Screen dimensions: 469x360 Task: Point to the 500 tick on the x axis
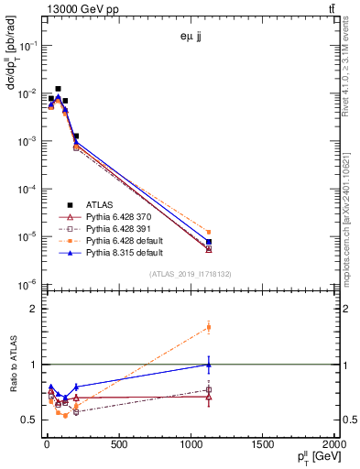point(118,444)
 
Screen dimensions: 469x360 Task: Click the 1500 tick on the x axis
point(261,444)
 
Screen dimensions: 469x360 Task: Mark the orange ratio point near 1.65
point(209,327)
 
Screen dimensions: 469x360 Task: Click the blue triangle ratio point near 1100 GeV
point(209,365)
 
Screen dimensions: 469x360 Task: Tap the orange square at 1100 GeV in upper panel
point(209,233)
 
